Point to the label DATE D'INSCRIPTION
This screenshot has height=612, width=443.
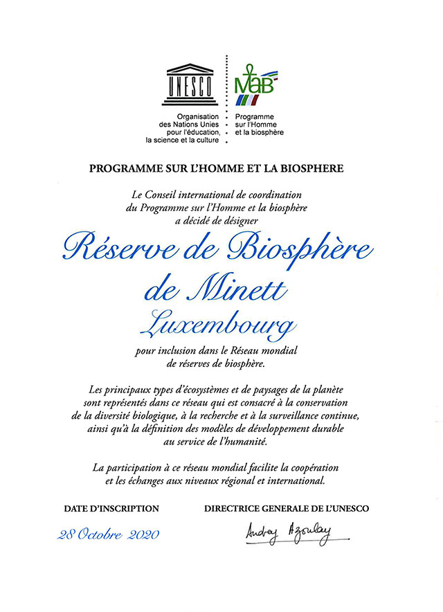pyautogui.click(x=111, y=509)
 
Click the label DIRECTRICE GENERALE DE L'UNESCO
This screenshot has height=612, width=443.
pyautogui.click(x=287, y=509)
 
